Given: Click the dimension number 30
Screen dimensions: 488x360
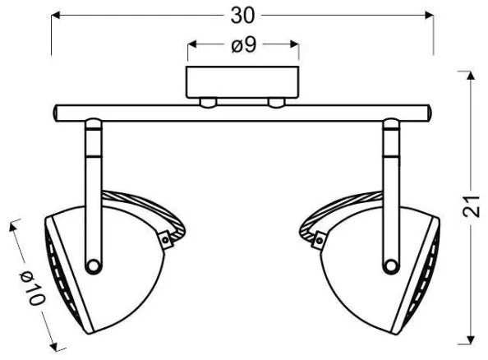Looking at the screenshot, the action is click(x=242, y=16).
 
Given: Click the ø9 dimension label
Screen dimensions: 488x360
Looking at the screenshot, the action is click(x=244, y=45).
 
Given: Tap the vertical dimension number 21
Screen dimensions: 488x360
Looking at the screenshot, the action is click(x=472, y=206).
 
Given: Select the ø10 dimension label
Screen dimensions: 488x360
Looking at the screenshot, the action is click(x=32, y=288).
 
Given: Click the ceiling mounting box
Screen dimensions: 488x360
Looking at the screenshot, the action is click(x=242, y=82).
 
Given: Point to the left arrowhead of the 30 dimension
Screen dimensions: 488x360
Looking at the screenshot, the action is click(x=55, y=15).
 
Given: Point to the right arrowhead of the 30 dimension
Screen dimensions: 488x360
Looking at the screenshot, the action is click(x=429, y=15).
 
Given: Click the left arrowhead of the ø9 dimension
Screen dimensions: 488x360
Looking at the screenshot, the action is click(x=192, y=44).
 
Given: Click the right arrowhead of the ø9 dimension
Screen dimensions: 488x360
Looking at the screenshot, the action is click(x=294, y=44).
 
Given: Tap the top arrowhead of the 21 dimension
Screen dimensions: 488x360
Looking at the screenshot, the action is click(x=471, y=76).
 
